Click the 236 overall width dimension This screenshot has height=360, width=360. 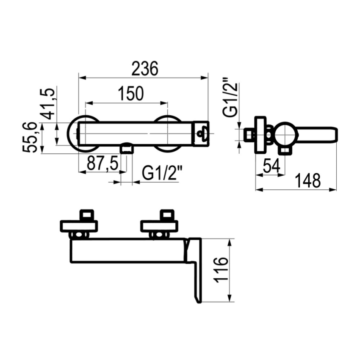point(145,68)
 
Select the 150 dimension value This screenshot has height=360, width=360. point(131,94)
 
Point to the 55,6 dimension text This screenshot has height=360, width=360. point(30,137)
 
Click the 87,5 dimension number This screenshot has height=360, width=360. point(102,163)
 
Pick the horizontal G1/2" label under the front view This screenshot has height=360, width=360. point(162,173)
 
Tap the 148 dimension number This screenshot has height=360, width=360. point(307,180)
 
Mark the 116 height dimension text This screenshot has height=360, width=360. point(221,269)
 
